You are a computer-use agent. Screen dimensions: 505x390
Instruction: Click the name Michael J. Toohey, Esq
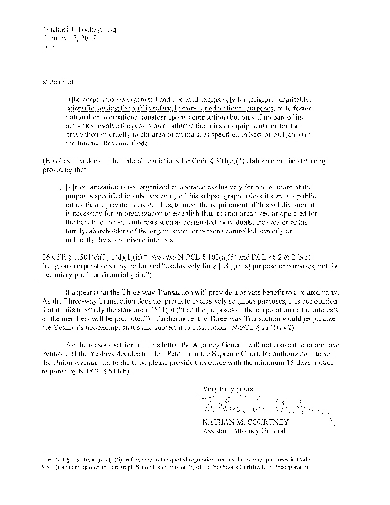79,30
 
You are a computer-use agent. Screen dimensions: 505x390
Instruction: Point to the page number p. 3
49,47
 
